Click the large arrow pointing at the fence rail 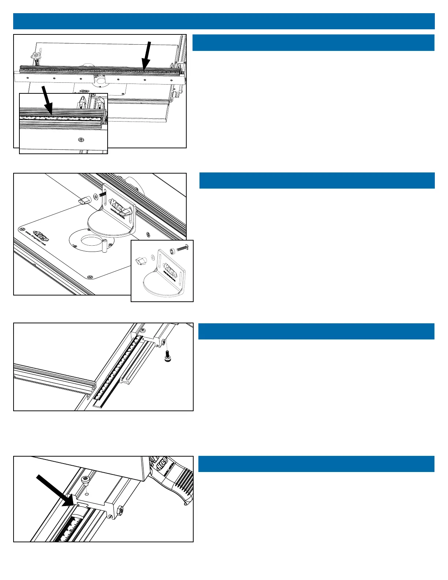[146, 55]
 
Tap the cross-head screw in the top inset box [81, 140]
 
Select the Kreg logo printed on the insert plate [41, 233]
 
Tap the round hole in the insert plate [90, 242]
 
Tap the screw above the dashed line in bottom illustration [86, 480]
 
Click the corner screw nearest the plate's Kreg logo [21, 229]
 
